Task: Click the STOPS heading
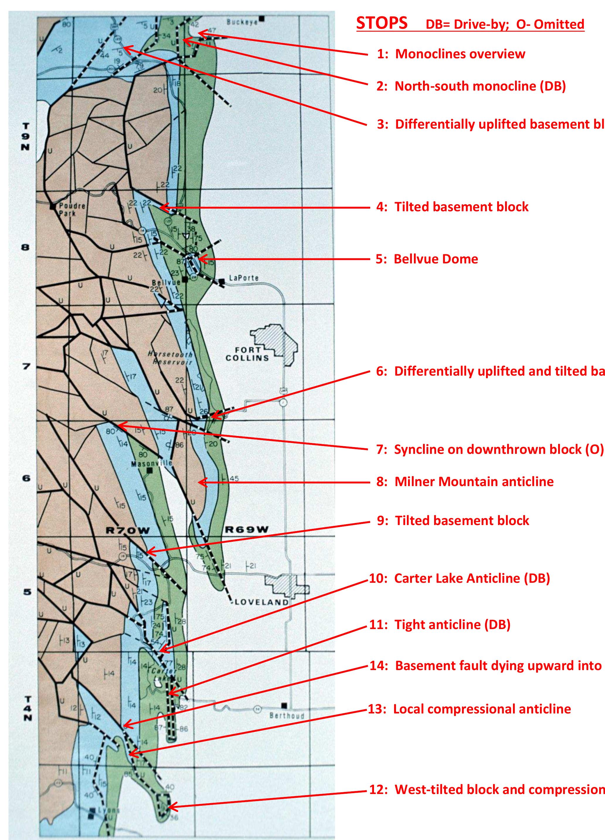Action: click(382, 23)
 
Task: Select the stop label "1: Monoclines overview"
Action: click(451, 54)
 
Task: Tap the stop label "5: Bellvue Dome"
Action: click(427, 259)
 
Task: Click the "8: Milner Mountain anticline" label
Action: click(465, 482)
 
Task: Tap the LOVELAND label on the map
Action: click(261, 602)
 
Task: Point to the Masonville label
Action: click(152, 463)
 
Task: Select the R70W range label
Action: click(128, 531)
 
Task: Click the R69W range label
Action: click(247, 530)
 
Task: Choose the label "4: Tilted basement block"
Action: click(452, 207)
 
